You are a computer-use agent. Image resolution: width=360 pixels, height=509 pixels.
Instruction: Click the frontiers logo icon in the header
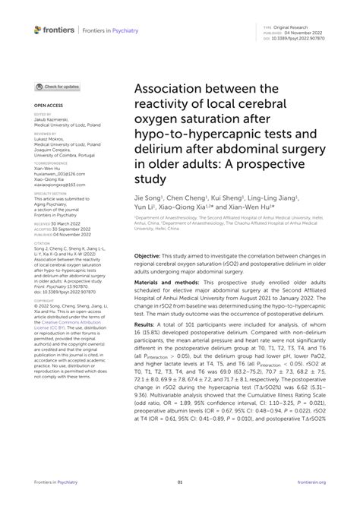point(38,29)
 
